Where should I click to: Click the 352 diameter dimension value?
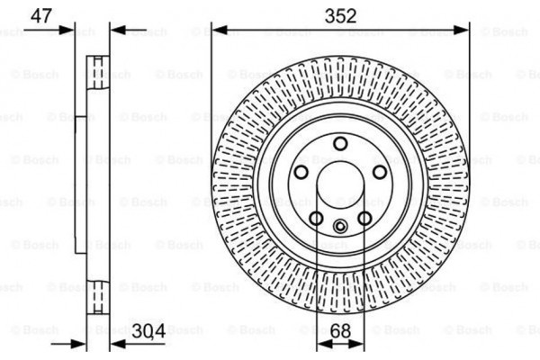click(340, 16)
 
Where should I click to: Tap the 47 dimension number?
click(41, 16)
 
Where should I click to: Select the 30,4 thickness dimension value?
click(148, 331)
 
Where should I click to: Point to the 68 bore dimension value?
click(340, 330)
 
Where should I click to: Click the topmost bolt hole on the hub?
click(340, 144)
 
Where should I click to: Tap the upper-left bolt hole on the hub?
click(301, 172)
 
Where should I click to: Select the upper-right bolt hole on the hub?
click(380, 172)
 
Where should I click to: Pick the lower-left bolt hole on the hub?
click(316, 218)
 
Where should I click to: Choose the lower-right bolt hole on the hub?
click(364, 218)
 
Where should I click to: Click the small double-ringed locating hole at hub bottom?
click(340, 226)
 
